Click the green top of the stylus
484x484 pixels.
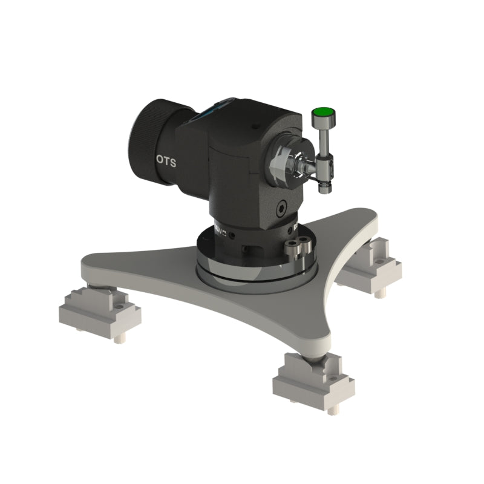[323, 111]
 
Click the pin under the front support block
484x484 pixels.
[330, 410]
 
